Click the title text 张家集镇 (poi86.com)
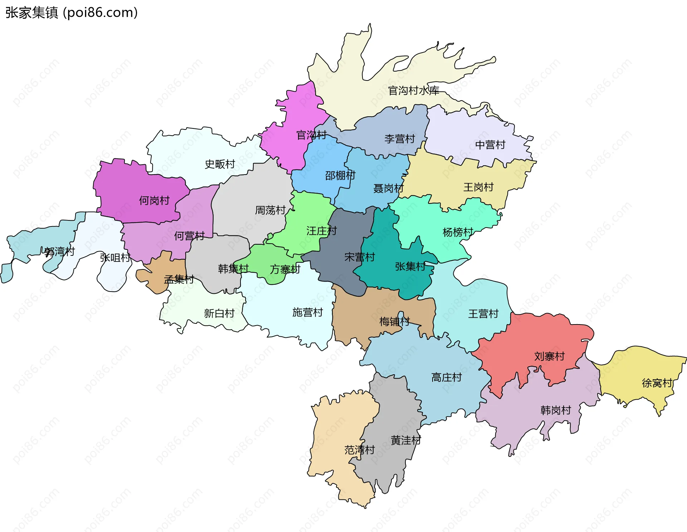click(x=72, y=13)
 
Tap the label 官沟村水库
click(x=414, y=91)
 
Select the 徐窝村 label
click(x=657, y=383)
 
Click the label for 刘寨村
click(x=549, y=356)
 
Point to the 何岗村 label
click(x=154, y=200)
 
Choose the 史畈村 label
click(x=220, y=164)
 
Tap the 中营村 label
click(x=490, y=145)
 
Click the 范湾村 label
click(x=359, y=450)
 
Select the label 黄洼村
click(x=406, y=440)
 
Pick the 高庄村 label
click(x=447, y=377)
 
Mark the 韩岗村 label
click(x=556, y=410)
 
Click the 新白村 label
click(x=219, y=313)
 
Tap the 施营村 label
click(x=307, y=312)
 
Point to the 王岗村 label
click(x=478, y=187)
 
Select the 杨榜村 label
click(x=458, y=232)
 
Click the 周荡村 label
click(x=270, y=210)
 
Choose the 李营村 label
click(x=400, y=139)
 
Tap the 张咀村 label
click(x=115, y=258)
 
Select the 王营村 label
click(x=483, y=314)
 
